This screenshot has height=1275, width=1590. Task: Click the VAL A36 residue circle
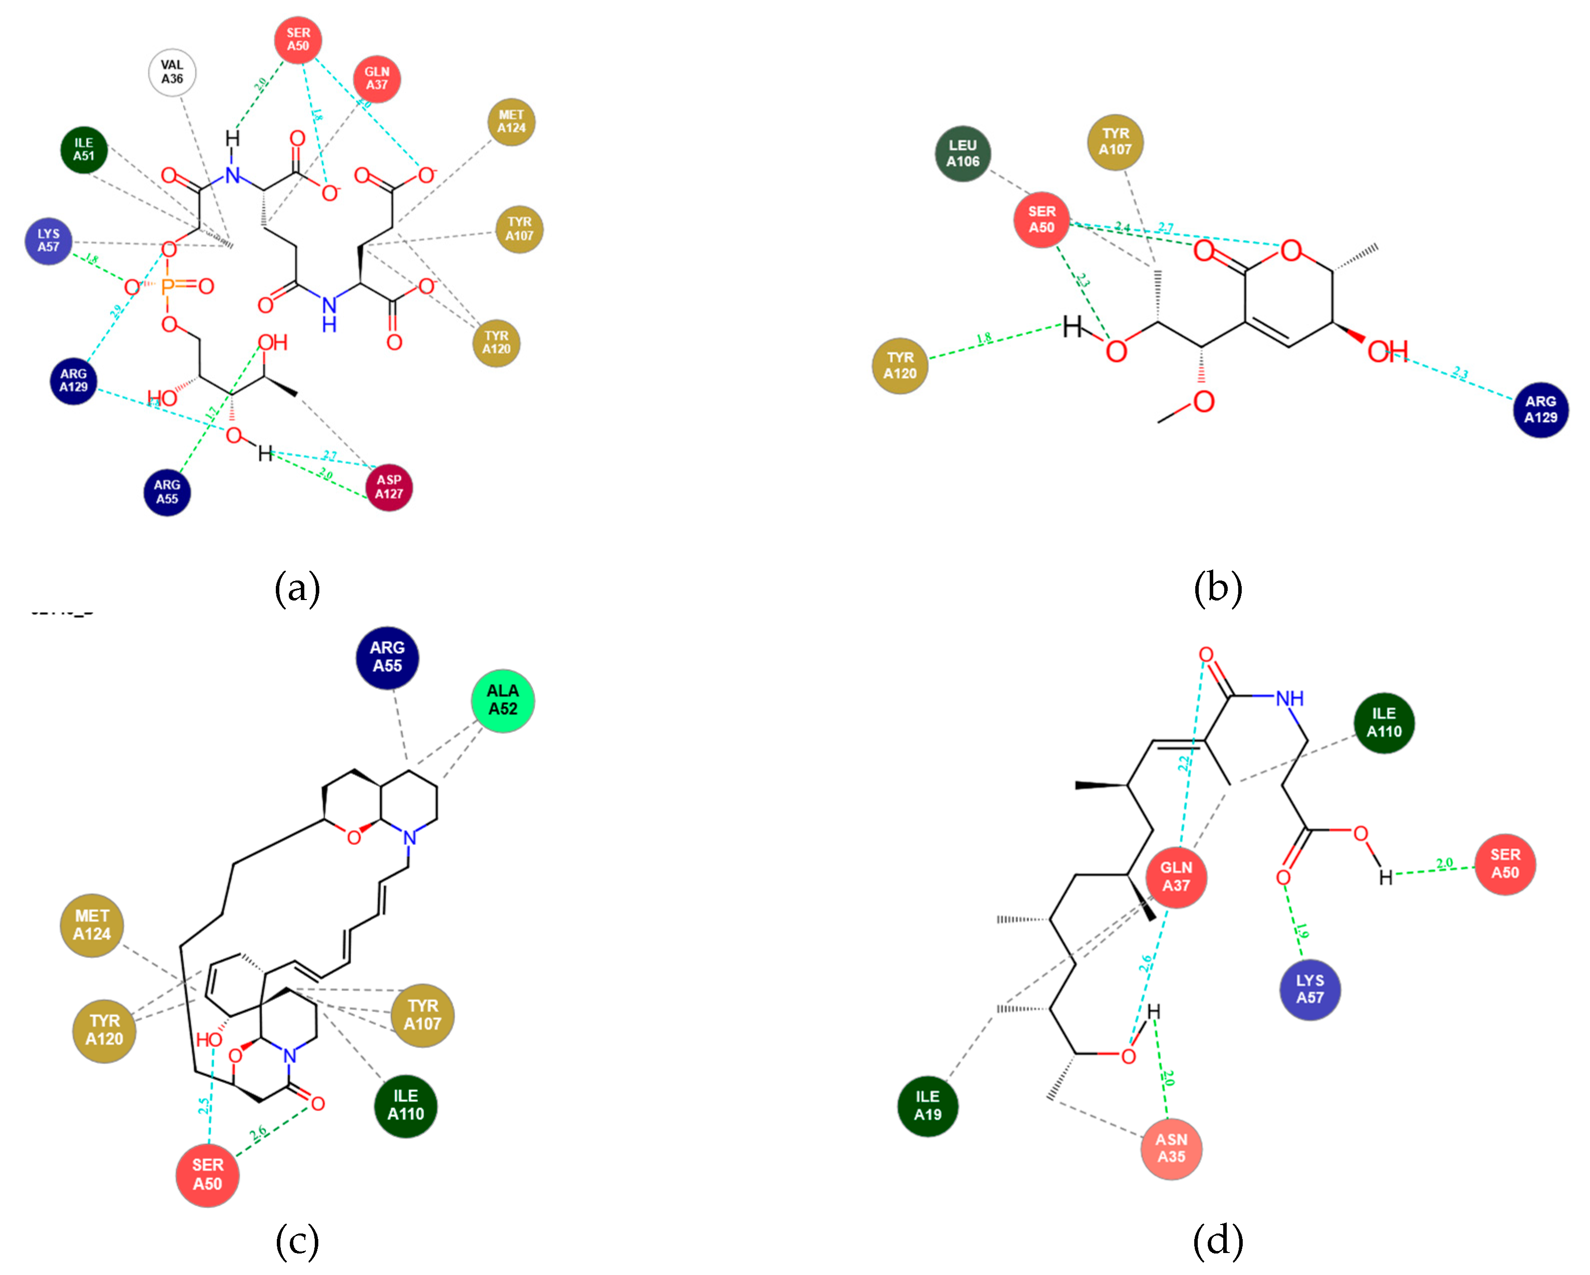coord(172,72)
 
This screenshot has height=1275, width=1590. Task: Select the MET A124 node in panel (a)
coord(511,121)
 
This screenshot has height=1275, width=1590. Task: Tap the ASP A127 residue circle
coord(389,487)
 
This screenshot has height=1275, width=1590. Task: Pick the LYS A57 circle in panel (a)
coord(48,240)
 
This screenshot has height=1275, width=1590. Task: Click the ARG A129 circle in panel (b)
coord(1540,409)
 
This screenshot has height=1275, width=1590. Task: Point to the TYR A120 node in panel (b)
coord(900,365)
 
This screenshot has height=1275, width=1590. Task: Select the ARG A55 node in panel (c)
coord(387,656)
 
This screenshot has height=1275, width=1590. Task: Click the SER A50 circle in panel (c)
coord(207,1174)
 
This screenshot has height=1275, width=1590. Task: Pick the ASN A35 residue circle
coord(1171,1148)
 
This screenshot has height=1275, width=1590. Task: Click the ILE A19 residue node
coord(928,1105)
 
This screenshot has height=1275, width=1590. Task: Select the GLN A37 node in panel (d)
coord(1176,876)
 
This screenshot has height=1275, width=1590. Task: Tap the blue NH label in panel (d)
coord(1289,698)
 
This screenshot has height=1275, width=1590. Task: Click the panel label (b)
coord(1218,589)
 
